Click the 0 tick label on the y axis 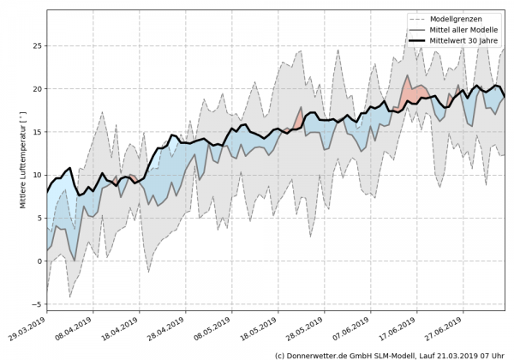click(x=39, y=261)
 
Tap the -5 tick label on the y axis click(x=37, y=304)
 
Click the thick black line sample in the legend click(x=423, y=39)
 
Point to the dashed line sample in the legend click(x=423, y=18)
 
